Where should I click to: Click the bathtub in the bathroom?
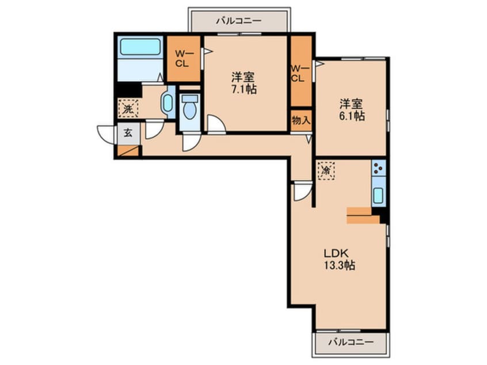140,47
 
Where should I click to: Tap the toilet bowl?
190,108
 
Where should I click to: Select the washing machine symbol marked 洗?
128,108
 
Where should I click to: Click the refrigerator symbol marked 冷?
326,170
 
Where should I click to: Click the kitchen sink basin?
379,196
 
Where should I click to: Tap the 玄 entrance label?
128,133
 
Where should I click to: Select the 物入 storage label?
301,120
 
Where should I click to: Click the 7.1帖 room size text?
243,89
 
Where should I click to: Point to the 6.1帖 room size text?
352,116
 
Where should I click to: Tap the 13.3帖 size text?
340,265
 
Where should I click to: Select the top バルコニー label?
239,21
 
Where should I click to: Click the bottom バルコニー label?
351,343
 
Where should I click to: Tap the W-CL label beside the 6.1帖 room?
299,73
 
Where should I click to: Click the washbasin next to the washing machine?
168,102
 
